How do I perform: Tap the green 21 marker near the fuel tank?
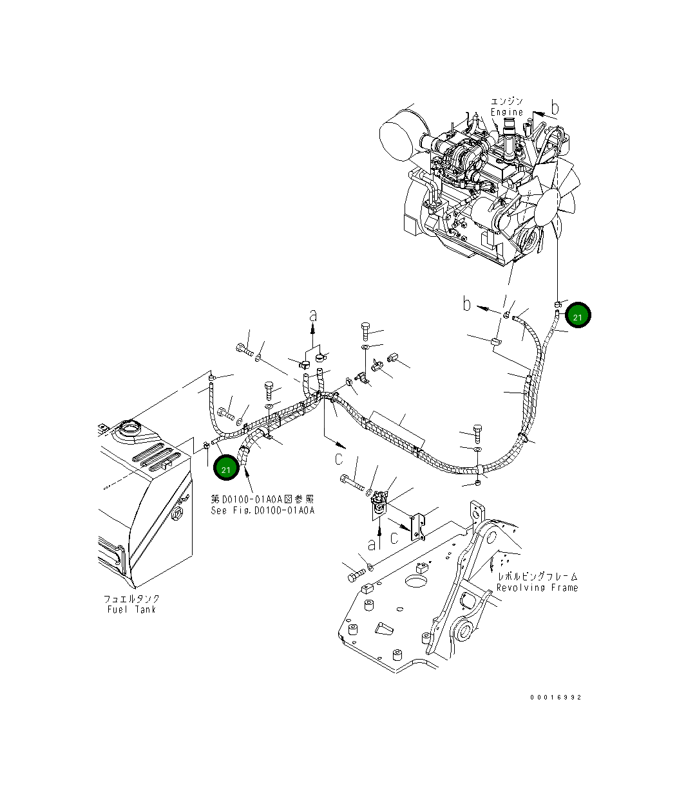(x=226, y=468)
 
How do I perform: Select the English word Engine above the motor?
(x=507, y=112)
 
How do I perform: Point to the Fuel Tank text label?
(x=131, y=609)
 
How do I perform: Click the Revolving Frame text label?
(x=537, y=588)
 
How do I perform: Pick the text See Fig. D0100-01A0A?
(x=262, y=510)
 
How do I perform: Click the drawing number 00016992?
(x=556, y=697)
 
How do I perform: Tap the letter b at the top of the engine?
(x=555, y=108)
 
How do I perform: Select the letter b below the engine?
(x=467, y=304)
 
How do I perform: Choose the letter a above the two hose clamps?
(x=313, y=315)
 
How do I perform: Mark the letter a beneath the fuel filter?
(x=371, y=544)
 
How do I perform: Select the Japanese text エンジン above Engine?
(x=507, y=102)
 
